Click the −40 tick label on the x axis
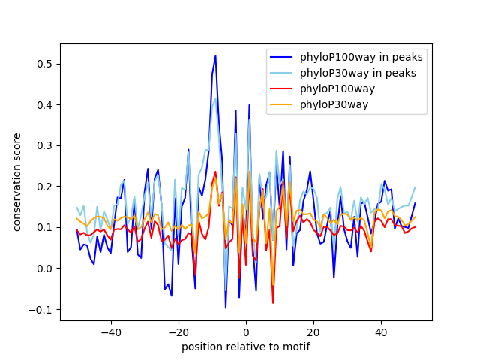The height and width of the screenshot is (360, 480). point(110,332)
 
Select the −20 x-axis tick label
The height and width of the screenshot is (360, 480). point(178,332)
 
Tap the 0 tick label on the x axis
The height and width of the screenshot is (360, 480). point(246,332)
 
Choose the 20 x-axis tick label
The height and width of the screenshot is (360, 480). point(313,332)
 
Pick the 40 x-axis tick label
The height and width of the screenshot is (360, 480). point(381,332)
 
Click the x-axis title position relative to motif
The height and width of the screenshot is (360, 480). point(245,346)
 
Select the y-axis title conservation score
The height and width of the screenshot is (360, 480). point(17,182)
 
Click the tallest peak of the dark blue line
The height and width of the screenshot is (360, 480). point(215,55)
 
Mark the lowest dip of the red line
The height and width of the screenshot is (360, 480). point(273,303)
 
